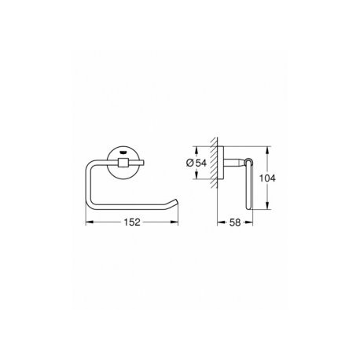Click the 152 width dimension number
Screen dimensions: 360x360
click(x=132, y=222)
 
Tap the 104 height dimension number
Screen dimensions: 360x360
click(x=267, y=178)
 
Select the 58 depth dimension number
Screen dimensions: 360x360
click(x=235, y=222)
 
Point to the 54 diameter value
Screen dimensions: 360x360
click(x=201, y=163)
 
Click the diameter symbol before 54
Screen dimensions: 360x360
click(x=190, y=163)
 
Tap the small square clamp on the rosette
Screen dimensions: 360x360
click(x=123, y=163)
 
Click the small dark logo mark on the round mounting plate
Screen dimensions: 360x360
click(x=123, y=152)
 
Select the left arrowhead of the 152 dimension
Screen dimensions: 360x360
click(x=90, y=222)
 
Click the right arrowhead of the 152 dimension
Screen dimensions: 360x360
click(x=174, y=222)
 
